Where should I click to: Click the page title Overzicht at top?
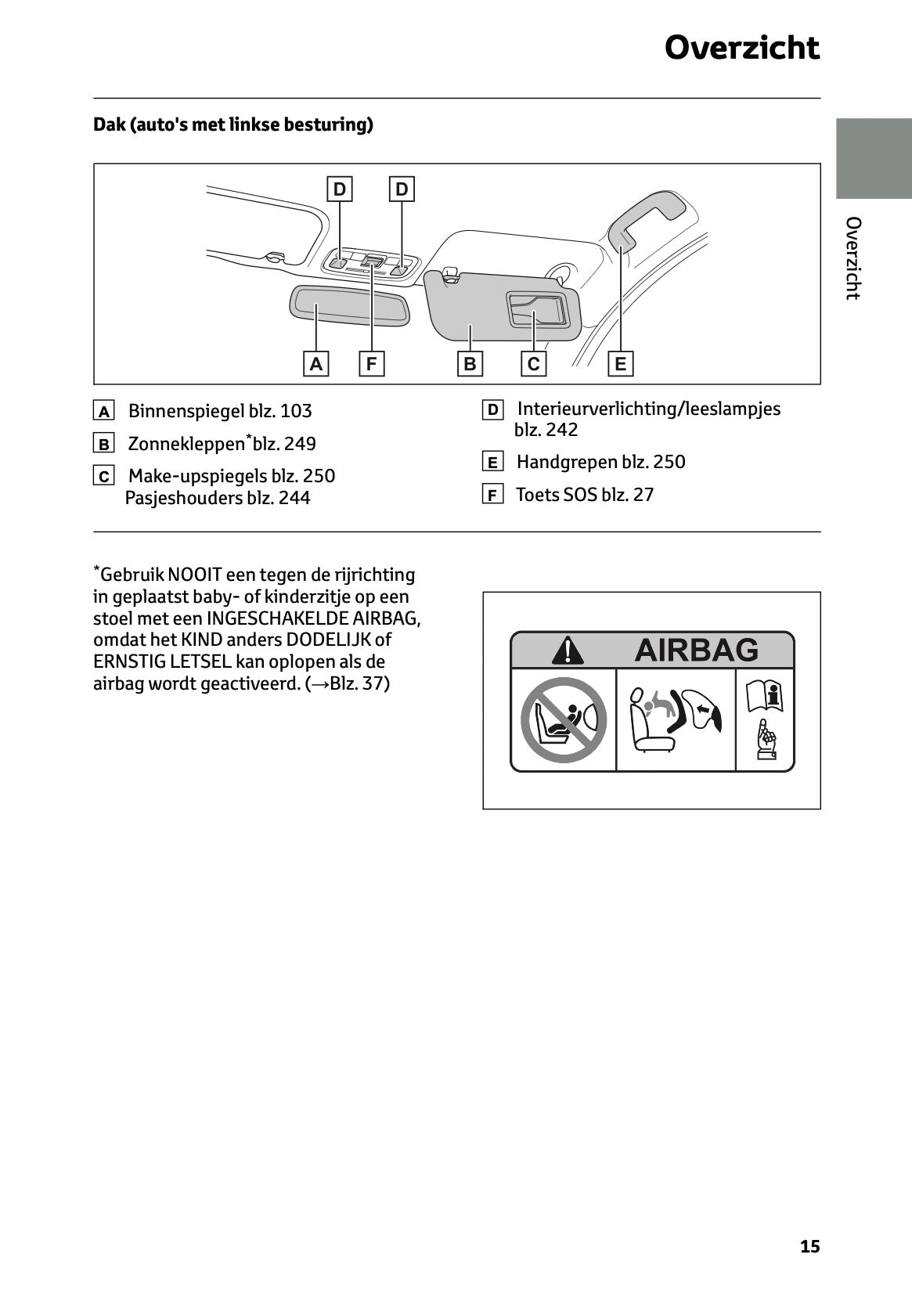pyautogui.click(x=741, y=49)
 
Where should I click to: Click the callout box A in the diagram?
pyautogui.click(x=315, y=364)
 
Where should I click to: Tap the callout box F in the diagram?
pyautogui.click(x=371, y=364)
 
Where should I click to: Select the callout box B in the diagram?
pyautogui.click(x=470, y=364)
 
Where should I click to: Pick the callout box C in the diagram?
pyautogui.click(x=533, y=364)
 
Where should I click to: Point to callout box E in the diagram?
pyautogui.click(x=620, y=364)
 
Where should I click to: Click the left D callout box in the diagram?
pyautogui.click(x=339, y=189)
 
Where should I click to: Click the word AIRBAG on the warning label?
pyautogui.click(x=696, y=650)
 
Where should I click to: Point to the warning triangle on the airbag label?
pyautogui.click(x=566, y=651)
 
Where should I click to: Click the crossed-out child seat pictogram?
pyautogui.click(x=564, y=719)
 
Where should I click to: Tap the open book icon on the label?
pyautogui.click(x=765, y=696)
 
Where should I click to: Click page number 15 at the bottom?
pyautogui.click(x=809, y=1246)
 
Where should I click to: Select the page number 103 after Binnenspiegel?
pyautogui.click(x=296, y=411)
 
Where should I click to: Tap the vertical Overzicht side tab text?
pyautogui.click(x=853, y=258)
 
